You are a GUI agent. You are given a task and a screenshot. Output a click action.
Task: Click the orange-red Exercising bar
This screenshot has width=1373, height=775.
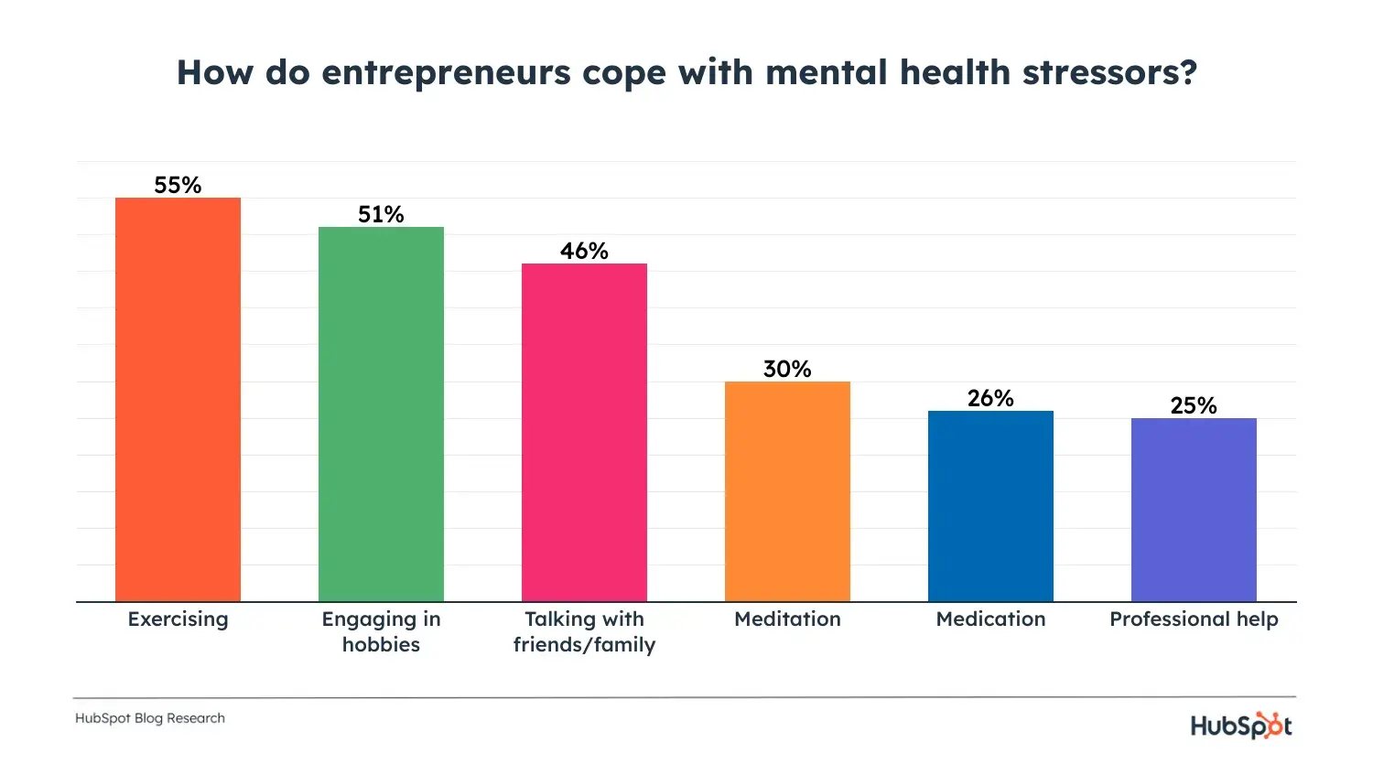pos(178,399)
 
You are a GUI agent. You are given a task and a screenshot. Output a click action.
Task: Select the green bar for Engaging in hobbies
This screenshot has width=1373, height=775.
pos(381,414)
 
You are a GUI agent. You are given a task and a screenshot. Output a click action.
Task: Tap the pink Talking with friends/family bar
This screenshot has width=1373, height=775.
pos(584,432)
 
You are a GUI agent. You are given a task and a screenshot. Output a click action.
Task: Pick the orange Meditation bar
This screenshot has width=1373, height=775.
pos(787,491)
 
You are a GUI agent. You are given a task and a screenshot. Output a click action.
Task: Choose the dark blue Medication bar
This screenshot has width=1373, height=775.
pos(990,506)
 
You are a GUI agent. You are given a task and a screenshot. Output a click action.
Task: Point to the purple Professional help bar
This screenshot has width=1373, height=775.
pos(1194,510)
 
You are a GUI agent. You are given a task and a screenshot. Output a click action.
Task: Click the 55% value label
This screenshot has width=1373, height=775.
pos(178,185)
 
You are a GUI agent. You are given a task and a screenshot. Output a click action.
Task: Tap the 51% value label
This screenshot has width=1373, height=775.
pos(381,214)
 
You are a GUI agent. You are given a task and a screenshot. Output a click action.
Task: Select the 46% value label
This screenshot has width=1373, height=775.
pos(584,251)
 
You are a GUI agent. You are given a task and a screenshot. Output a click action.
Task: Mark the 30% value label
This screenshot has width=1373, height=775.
pos(787,369)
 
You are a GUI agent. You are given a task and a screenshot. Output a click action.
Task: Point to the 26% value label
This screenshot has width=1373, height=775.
pos(990,398)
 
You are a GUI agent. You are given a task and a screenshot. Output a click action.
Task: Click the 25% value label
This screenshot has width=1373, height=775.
pos(1194,405)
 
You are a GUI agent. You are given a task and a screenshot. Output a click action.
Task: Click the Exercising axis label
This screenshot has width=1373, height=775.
pos(178,619)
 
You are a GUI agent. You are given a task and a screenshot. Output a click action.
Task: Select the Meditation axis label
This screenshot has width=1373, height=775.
pos(787,619)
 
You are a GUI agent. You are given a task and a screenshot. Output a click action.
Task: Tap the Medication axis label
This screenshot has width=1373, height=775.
pos(990,619)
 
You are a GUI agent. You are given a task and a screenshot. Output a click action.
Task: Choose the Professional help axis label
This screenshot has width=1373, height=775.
pos(1194,619)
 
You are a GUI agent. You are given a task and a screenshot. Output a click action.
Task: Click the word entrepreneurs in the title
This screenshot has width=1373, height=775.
pos(447,73)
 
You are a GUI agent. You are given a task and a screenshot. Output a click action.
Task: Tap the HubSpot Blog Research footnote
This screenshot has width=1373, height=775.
pos(150,718)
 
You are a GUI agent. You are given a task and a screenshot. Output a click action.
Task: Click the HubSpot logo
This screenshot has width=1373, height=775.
pos(1241,726)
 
